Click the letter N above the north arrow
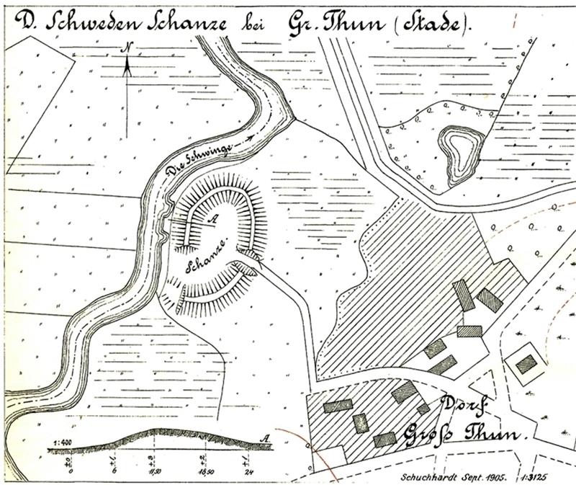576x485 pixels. (x=127, y=48)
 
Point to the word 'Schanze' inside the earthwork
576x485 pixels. (x=208, y=257)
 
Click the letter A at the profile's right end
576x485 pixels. (x=267, y=438)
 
